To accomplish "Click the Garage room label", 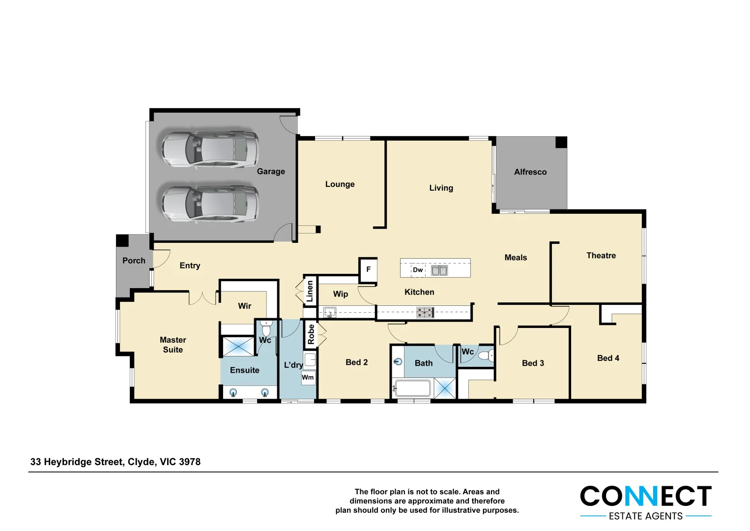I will [x=271, y=172].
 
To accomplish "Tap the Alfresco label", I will [x=530, y=172].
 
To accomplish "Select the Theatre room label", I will [x=601, y=256].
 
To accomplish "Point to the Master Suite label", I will [x=173, y=345].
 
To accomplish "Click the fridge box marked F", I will [x=368, y=269].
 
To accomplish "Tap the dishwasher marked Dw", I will [x=418, y=270].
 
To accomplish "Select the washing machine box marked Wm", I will [x=308, y=378].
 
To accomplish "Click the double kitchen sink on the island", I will [x=439, y=270].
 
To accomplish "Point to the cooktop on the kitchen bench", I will [x=425, y=312].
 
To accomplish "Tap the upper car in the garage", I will [x=210, y=149].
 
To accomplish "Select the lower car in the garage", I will [x=210, y=203].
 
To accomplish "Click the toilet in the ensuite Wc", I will [x=266, y=328].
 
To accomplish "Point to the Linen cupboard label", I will [x=310, y=291].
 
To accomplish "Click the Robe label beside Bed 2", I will [x=311, y=334].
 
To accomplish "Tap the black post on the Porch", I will [x=122, y=240].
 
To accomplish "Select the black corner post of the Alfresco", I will [x=561, y=143].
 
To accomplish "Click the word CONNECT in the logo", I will [x=645, y=497].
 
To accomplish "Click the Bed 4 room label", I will [x=608, y=358].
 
